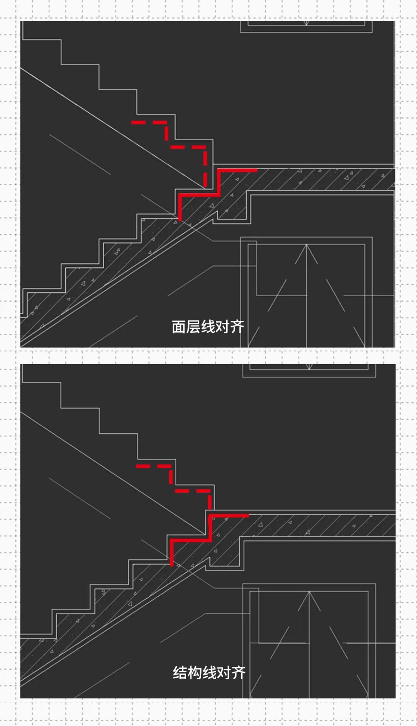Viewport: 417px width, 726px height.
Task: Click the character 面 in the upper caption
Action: click(179, 327)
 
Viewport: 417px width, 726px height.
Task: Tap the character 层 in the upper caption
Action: click(193, 327)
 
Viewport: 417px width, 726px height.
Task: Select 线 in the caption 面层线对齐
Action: click(208, 327)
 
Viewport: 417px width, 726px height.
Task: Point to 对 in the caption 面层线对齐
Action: click(222, 327)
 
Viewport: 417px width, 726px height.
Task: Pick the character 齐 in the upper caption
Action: click(237, 327)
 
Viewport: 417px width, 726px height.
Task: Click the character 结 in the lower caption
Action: click(180, 673)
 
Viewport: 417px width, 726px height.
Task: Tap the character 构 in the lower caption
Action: click(195, 673)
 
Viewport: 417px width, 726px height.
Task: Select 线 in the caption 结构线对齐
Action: click(209, 673)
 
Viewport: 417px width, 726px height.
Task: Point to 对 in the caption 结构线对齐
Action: click(224, 673)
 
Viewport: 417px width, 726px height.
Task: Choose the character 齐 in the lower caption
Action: click(238, 673)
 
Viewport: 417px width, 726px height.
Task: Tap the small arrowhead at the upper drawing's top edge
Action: click(306, 24)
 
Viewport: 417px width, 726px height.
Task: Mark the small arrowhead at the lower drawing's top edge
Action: click(309, 366)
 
